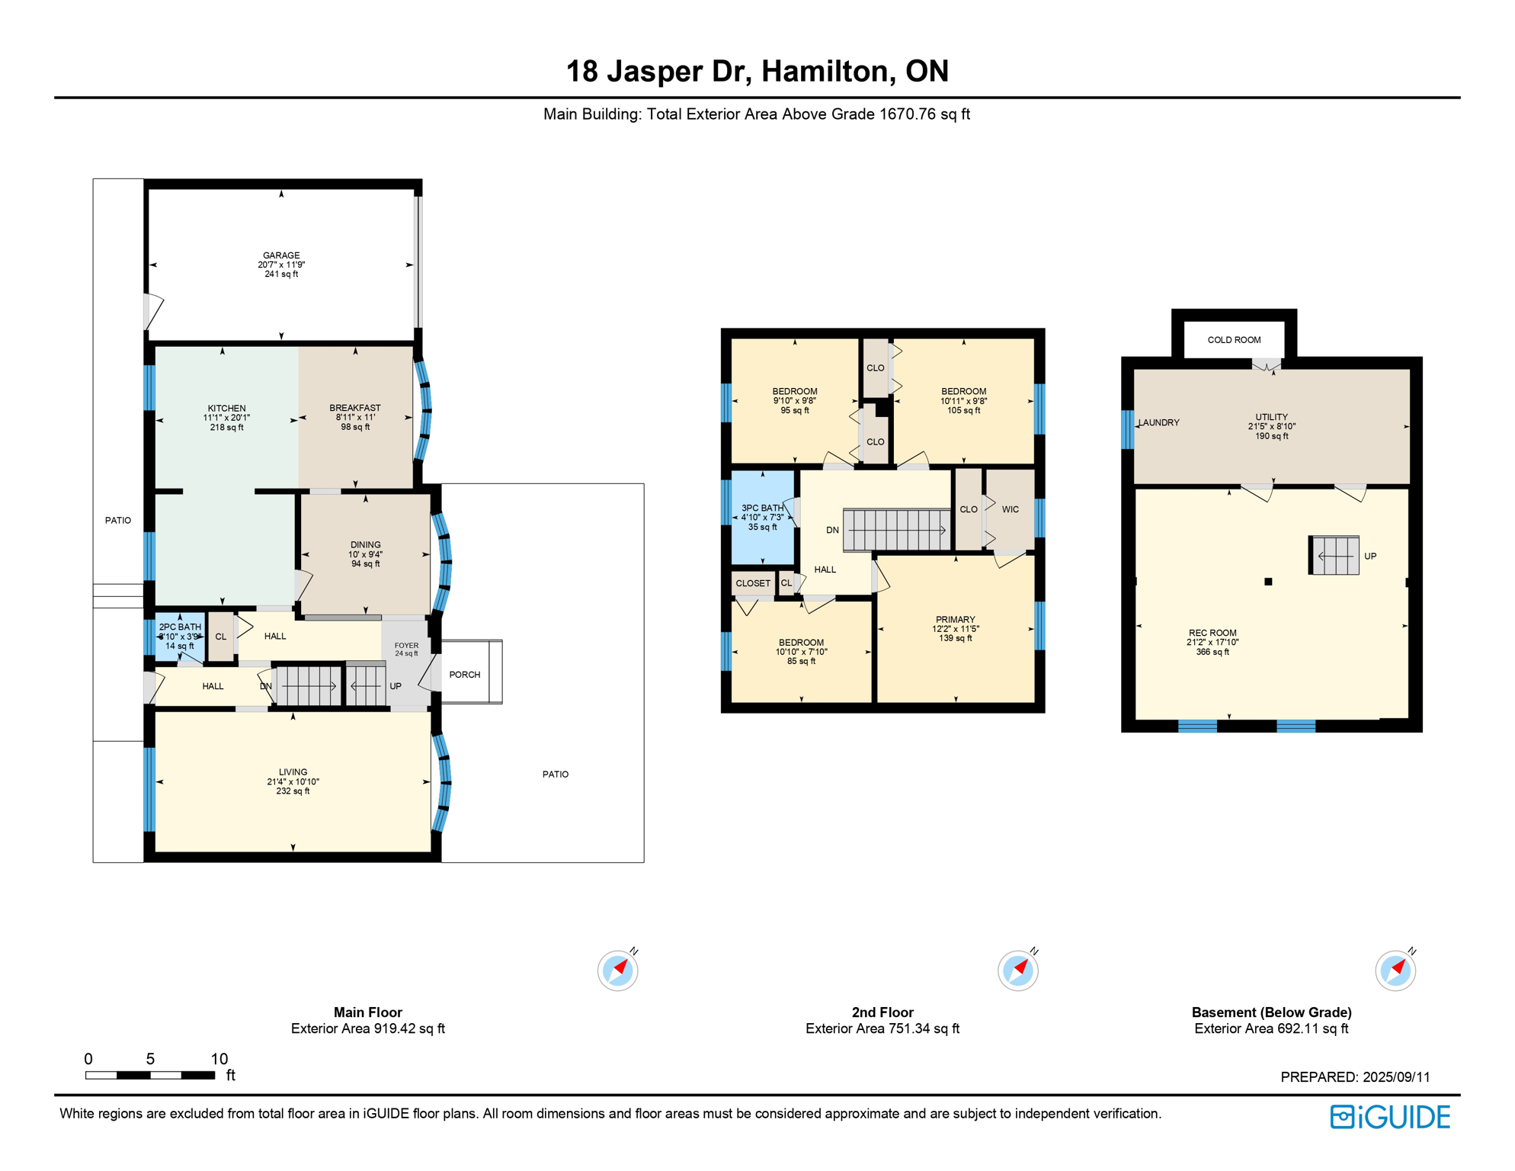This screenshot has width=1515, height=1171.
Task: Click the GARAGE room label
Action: [281, 255]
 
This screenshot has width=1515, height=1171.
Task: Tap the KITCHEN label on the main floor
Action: [227, 408]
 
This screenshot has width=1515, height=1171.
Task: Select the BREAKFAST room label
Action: [355, 408]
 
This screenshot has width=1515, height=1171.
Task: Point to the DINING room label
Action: [366, 545]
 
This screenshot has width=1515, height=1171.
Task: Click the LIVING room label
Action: [293, 772]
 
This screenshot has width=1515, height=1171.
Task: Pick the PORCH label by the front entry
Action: [465, 675]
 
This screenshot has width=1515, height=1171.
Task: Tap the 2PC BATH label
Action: [180, 627]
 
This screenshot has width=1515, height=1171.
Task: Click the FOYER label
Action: [407, 646]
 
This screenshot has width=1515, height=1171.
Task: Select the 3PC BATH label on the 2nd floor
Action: [762, 508]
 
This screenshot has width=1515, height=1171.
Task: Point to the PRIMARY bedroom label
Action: [956, 620]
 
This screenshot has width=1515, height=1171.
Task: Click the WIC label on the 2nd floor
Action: [1011, 509]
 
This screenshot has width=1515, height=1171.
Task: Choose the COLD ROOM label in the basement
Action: [1234, 340]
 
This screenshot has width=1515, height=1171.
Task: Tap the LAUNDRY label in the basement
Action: [1159, 422]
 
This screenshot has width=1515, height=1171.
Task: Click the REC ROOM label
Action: [1212, 633]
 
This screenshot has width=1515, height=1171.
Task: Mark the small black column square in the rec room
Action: [1268, 582]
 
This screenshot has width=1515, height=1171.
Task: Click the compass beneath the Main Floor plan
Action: [618, 970]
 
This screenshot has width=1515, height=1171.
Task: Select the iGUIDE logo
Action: [1390, 1117]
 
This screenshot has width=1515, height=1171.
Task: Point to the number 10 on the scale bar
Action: [219, 1058]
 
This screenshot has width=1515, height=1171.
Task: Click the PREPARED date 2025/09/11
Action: [1396, 1077]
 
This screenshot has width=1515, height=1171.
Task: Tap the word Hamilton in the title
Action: [827, 72]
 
